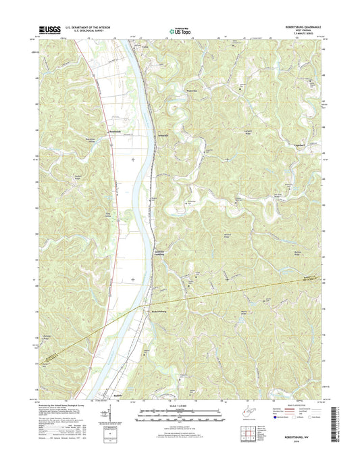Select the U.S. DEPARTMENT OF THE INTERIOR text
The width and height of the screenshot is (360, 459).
click(x=91, y=26)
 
